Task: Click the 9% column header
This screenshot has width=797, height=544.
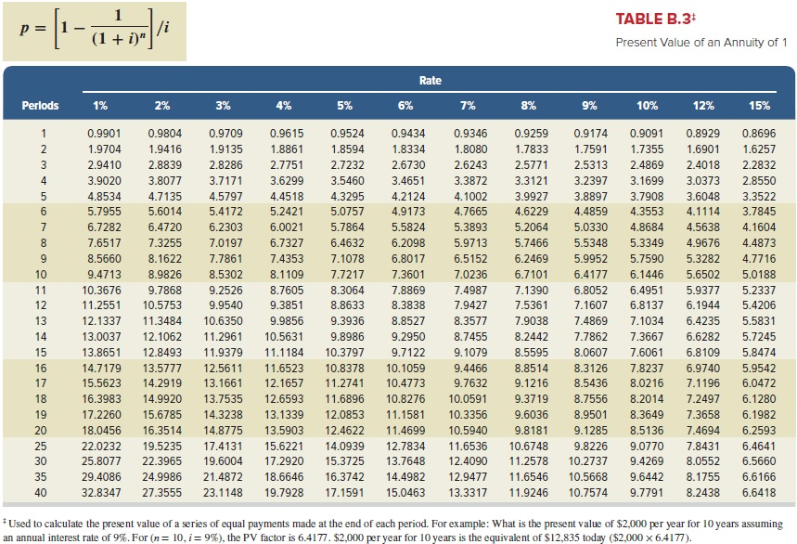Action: point(589,105)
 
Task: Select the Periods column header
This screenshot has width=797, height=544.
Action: point(40,105)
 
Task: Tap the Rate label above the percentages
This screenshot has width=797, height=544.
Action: point(430,81)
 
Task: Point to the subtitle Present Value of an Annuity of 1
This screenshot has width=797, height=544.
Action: point(701,43)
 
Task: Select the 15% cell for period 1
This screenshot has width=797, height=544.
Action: point(759,133)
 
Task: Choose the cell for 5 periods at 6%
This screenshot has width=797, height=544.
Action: point(408,196)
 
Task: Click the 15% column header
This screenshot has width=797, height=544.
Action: point(759,105)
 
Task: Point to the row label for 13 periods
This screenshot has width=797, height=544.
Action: point(41,321)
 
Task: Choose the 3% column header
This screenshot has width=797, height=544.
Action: point(223,105)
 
